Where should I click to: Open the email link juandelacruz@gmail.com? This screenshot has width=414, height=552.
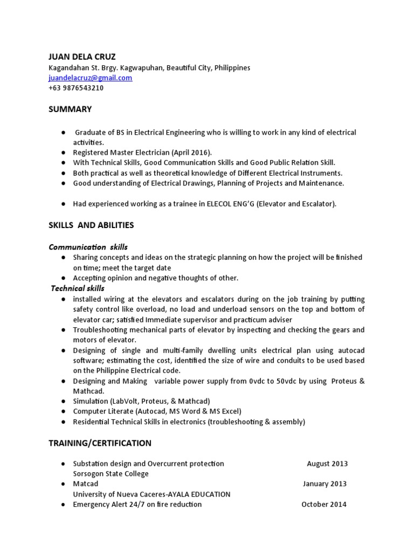point(90,78)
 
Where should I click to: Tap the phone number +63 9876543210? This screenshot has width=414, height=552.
point(76,88)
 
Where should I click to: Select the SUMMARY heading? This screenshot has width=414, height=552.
point(70,109)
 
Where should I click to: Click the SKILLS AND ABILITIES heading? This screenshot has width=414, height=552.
point(91,225)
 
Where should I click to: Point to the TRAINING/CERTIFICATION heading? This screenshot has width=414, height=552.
point(100,443)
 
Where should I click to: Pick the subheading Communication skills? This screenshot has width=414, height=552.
point(88,247)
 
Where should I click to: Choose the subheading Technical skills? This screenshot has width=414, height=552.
point(78,288)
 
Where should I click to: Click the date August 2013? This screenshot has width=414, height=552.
point(327,464)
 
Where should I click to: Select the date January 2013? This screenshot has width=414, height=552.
point(325,484)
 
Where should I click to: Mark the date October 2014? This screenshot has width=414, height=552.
point(323,505)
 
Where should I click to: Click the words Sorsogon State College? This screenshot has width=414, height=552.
point(111,474)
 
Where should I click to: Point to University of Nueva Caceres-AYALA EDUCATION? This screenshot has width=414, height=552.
point(151,494)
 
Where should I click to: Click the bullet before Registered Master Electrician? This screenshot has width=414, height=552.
point(63,153)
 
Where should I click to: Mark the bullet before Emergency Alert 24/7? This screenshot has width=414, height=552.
point(63,505)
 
